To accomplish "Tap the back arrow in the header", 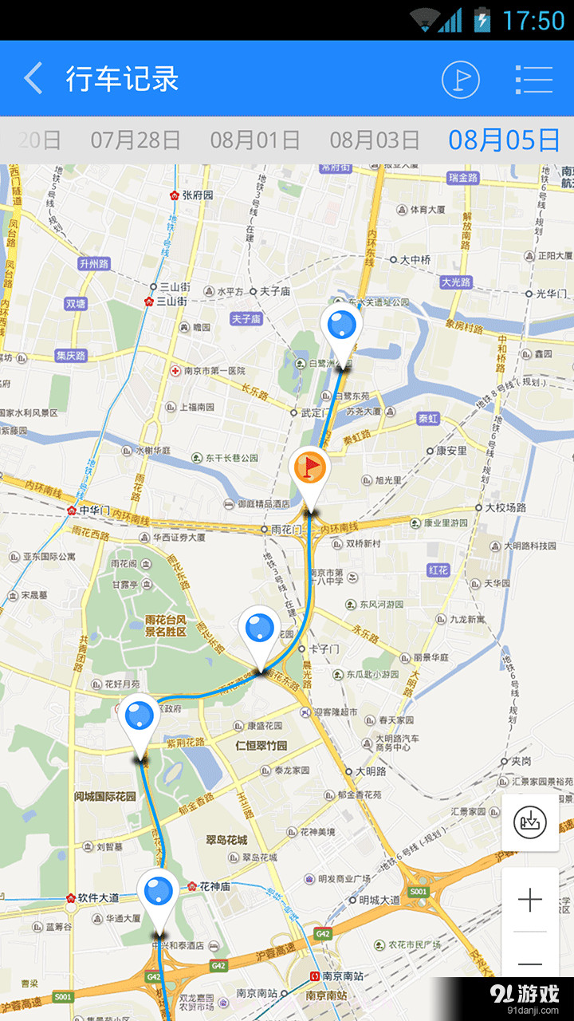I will point(33,79).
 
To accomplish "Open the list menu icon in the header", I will point(533,79).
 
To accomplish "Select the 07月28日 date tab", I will point(136,140).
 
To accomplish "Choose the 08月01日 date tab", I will point(255,140).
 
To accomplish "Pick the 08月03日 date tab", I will point(375,140).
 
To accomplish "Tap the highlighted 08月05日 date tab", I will point(504,140).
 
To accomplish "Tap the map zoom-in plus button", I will point(530,901).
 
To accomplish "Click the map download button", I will point(530,822).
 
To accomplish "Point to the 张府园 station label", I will point(198,195).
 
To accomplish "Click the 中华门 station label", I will point(94,510).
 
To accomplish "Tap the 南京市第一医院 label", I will point(213,371).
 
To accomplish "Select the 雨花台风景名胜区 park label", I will point(165,625).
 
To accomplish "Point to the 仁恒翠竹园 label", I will point(261,747).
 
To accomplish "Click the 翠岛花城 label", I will point(226,840).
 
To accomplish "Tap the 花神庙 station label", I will point(214,886).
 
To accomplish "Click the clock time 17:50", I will point(533,20).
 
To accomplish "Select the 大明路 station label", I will point(371,771).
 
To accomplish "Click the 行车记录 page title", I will point(122,79).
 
